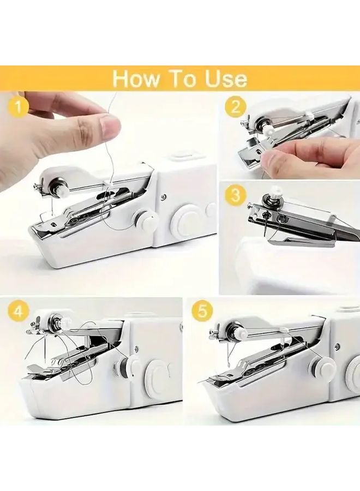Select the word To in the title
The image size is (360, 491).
[181, 79]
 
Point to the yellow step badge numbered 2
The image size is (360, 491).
[236, 106]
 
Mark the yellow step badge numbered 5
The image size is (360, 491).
[202, 312]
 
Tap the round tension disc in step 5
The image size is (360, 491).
[238, 330]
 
